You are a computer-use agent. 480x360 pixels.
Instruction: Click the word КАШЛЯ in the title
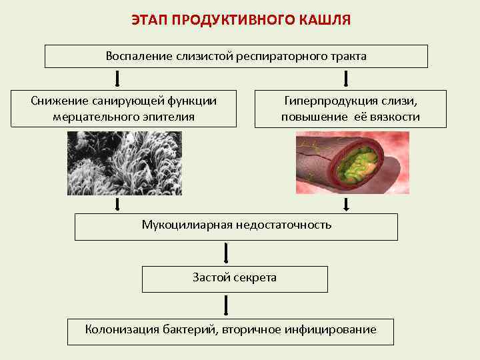pyautogui.click(x=322, y=21)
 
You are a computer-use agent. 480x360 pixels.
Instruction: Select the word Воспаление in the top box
pyautogui.click(x=139, y=56)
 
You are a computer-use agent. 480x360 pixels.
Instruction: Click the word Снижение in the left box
pyautogui.click(x=56, y=101)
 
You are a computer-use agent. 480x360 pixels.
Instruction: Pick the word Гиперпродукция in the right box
pyautogui.click(x=325, y=101)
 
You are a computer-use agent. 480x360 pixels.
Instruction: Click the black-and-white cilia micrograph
pyautogui.click(x=125, y=163)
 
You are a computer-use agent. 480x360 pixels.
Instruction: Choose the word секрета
pyautogui.click(x=255, y=277)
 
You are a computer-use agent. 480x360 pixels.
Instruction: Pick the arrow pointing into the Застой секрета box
pyautogui.click(x=227, y=253)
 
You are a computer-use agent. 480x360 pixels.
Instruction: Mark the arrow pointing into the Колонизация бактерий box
pyautogui.click(x=227, y=305)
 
